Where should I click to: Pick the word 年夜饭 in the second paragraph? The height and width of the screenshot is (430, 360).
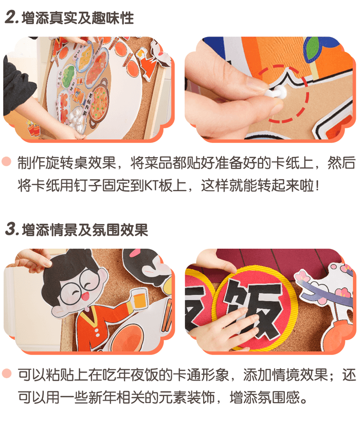129,375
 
